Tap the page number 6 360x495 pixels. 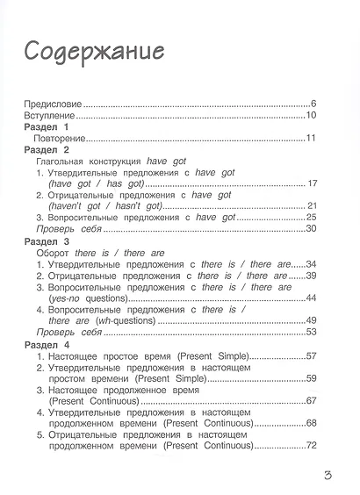point(313,104)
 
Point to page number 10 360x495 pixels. point(311,116)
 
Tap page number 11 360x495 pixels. point(311,139)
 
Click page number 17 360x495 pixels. point(311,183)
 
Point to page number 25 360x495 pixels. point(311,217)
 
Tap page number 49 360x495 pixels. point(311,320)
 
